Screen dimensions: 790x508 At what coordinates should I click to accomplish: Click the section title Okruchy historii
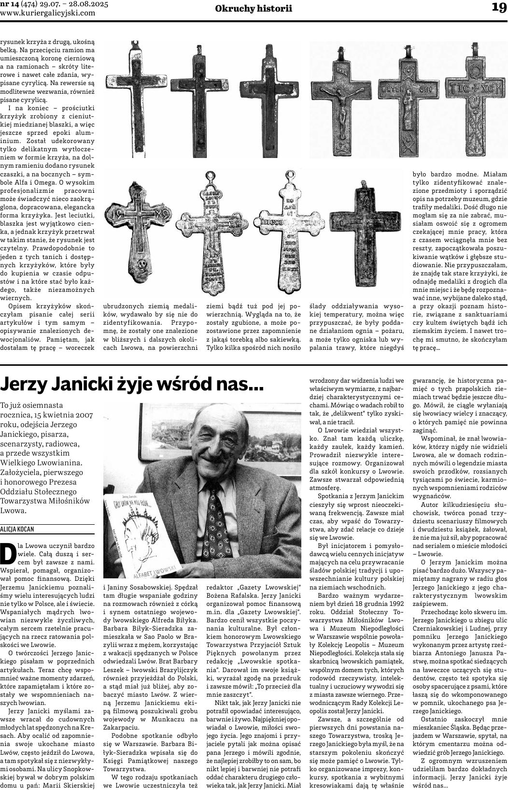click(254, 8)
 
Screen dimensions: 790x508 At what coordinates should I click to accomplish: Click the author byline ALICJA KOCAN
click(17, 530)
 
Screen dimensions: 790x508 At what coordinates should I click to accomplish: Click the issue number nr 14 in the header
click(11, 4)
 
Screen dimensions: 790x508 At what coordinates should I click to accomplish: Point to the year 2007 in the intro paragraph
click(83, 415)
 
